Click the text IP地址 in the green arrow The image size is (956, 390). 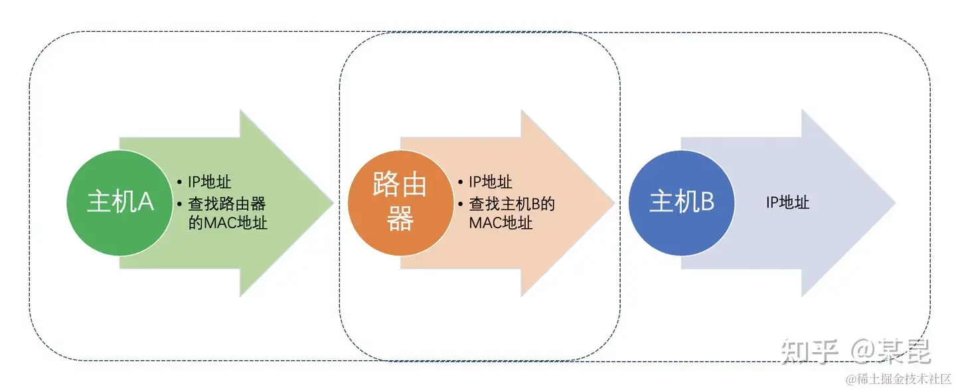click(x=209, y=182)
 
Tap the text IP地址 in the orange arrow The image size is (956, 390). click(x=490, y=182)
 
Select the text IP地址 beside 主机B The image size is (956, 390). click(x=788, y=202)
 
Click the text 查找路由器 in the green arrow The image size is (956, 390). click(x=227, y=203)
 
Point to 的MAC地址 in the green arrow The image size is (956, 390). click(x=228, y=223)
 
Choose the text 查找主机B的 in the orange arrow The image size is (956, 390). click(x=512, y=203)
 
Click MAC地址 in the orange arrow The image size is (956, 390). click(x=501, y=223)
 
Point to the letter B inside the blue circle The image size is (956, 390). click(x=706, y=202)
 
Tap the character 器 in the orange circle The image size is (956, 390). click(x=400, y=219)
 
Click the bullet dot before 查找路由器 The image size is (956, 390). click(x=181, y=203)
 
